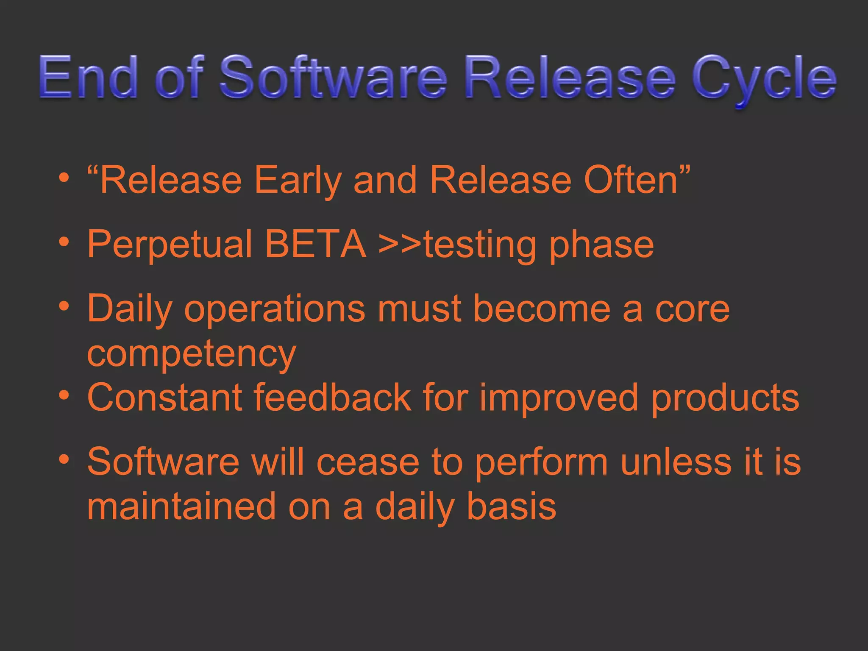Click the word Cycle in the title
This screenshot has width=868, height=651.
pyautogui.click(x=764, y=78)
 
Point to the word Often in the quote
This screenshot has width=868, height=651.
pyautogui.click(x=631, y=180)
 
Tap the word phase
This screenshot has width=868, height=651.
pyautogui.click(x=601, y=245)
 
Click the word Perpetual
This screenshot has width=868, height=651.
pyautogui.click(x=170, y=245)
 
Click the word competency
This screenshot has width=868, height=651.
pyautogui.click(x=191, y=354)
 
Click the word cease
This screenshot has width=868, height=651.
pyautogui.click(x=368, y=462)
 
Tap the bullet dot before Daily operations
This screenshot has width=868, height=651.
pyautogui.click(x=64, y=306)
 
